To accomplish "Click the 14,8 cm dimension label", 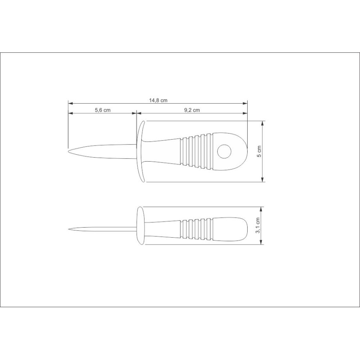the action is pyautogui.click(x=158, y=100).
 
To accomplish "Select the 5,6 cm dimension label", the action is pyautogui.click(x=103, y=110).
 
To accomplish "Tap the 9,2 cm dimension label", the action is pyautogui.click(x=192, y=110).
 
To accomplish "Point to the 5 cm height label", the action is pyautogui.click(x=259, y=152).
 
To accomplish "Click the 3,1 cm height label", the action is pyautogui.click(x=258, y=226).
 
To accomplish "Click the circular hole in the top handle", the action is pyautogui.click(x=224, y=152).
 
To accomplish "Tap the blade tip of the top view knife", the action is pyautogui.click(x=69, y=152).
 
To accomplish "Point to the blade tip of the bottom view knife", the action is pyautogui.click(x=69, y=229).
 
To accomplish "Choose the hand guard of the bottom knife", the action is pyautogui.click(x=140, y=226).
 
